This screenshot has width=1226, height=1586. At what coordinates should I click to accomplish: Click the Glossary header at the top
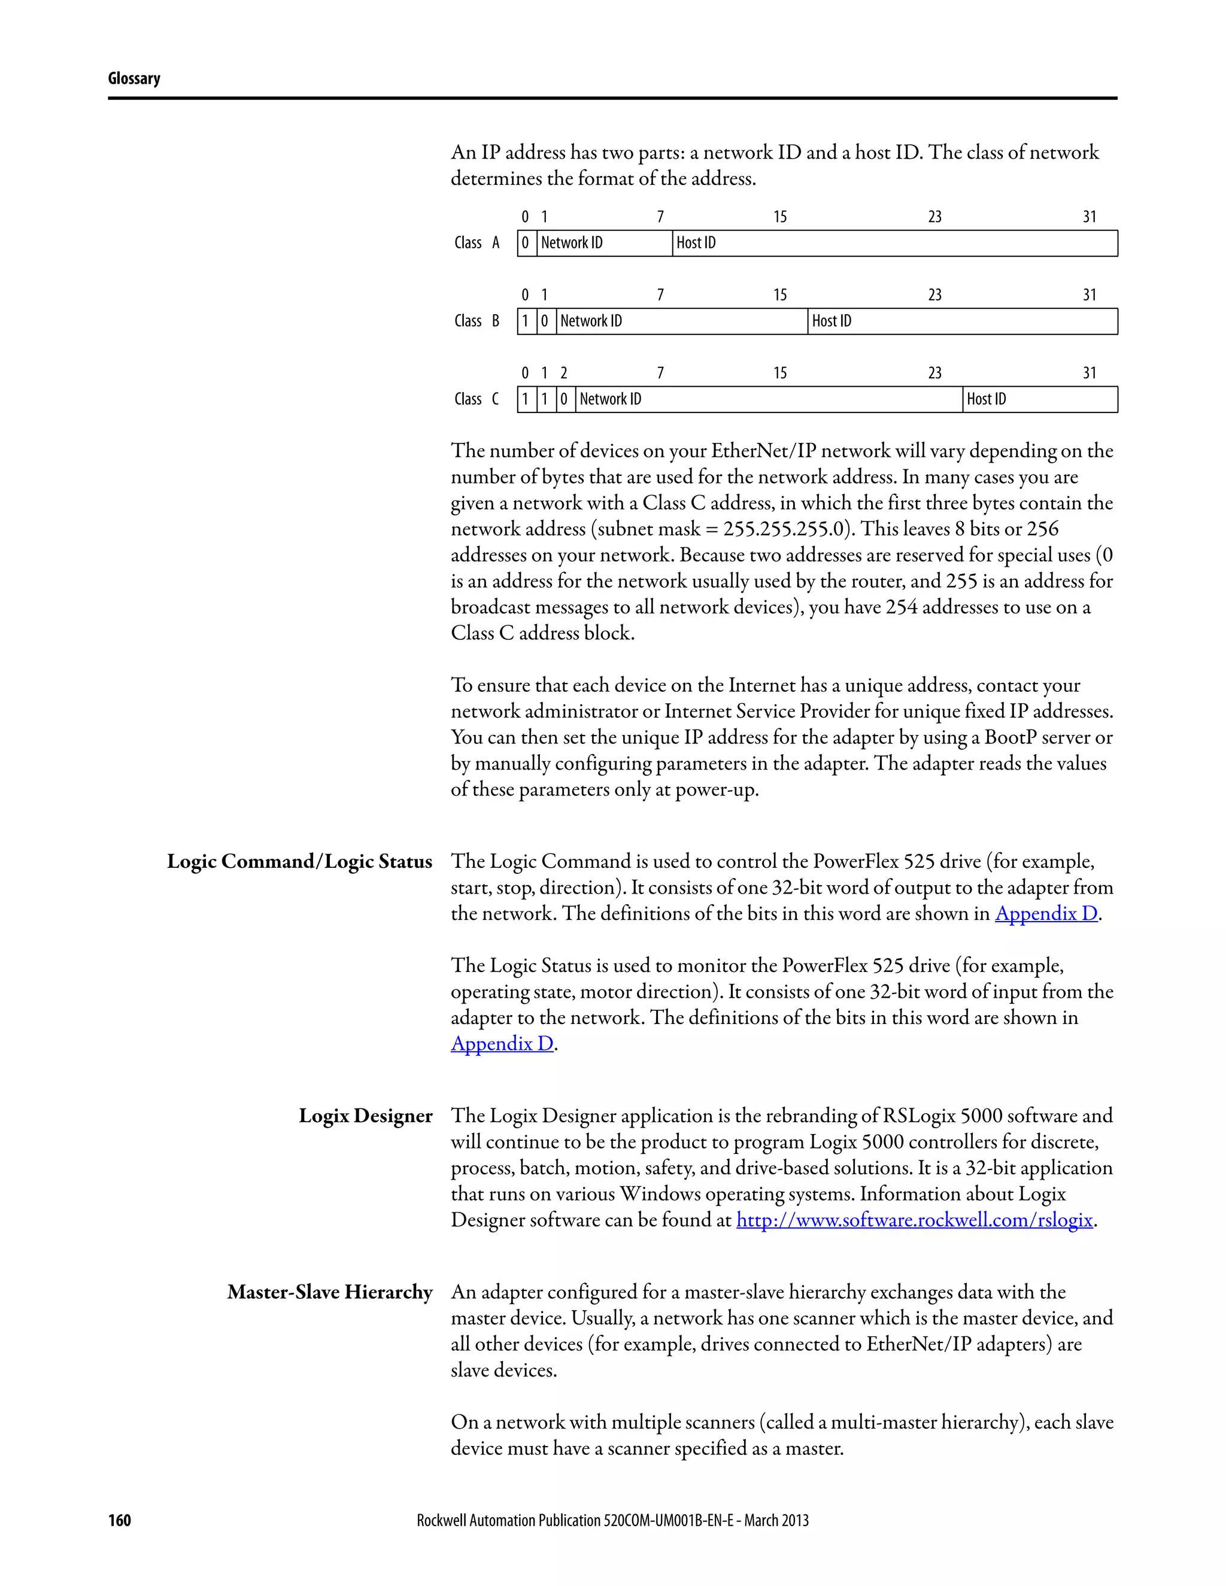click(x=133, y=78)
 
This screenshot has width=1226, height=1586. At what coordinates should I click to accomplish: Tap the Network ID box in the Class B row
click(x=681, y=321)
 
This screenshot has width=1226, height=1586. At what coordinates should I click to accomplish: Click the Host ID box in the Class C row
click(x=1039, y=399)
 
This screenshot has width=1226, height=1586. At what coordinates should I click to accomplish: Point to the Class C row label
click(x=477, y=399)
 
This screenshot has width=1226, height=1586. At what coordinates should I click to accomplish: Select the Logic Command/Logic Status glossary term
click(x=299, y=861)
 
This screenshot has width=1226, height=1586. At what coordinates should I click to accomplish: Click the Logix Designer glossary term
click(x=365, y=1116)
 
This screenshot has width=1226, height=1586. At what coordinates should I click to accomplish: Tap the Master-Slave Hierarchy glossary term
click(x=330, y=1293)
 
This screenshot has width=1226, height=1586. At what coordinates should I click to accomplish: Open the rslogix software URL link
click(x=915, y=1220)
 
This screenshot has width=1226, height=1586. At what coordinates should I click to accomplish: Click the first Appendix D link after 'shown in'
click(x=1046, y=913)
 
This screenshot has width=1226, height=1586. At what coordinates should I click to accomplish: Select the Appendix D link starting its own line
click(x=502, y=1044)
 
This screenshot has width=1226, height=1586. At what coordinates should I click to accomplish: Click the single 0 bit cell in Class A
click(x=526, y=243)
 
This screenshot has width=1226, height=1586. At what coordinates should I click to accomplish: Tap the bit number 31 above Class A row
click(x=1090, y=217)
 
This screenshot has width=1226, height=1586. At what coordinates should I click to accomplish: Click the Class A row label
click(x=477, y=243)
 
